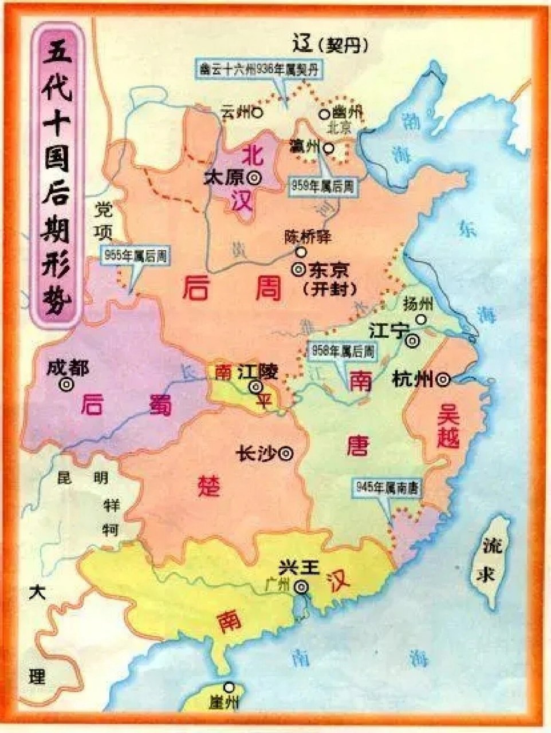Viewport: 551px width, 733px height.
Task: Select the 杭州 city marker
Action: pos(442,379)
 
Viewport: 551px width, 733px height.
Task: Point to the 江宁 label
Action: pos(388,332)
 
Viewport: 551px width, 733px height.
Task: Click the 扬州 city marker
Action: pos(422,320)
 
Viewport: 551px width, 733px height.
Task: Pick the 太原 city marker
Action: pos(253,178)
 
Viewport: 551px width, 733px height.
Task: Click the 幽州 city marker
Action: pos(325,113)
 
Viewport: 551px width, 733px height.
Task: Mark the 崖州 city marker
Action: pos(230,687)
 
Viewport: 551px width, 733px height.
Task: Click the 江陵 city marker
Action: pos(255,388)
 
